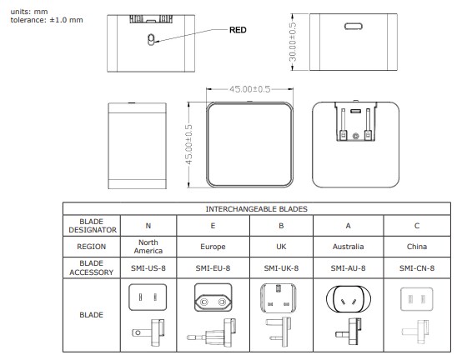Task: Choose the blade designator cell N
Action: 148,225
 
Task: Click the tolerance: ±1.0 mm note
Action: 47,19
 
